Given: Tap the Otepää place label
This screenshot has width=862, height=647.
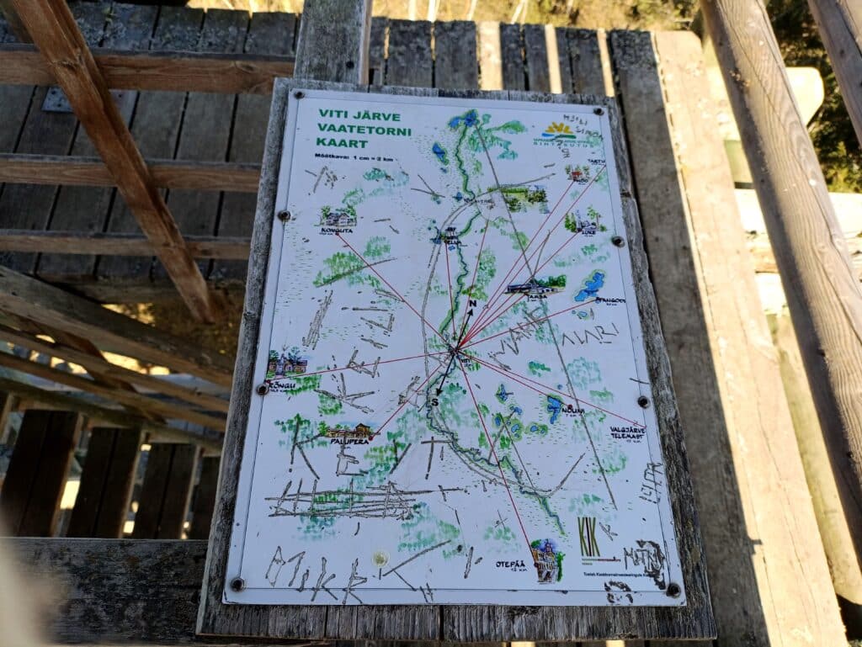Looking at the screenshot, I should click(x=511, y=565).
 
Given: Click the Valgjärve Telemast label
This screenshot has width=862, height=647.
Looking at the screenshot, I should click(x=627, y=433).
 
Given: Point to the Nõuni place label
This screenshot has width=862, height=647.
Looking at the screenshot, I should click(x=572, y=410).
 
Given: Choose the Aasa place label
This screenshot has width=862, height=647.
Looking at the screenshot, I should click(x=536, y=296).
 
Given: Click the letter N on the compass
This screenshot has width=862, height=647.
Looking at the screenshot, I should click(x=471, y=303).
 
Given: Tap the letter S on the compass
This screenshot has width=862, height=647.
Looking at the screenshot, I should click(x=435, y=401).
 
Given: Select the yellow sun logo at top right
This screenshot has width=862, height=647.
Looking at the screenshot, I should click(x=559, y=130).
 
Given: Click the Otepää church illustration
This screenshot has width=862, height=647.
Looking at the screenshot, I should click(x=546, y=559).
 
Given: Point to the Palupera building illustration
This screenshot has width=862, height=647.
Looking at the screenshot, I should click(x=350, y=430).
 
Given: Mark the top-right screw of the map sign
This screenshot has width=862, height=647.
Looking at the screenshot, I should click(x=599, y=110).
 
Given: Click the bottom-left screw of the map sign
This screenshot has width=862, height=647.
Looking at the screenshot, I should click(x=238, y=582).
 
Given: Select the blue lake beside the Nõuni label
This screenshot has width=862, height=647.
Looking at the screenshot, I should click(x=554, y=408).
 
